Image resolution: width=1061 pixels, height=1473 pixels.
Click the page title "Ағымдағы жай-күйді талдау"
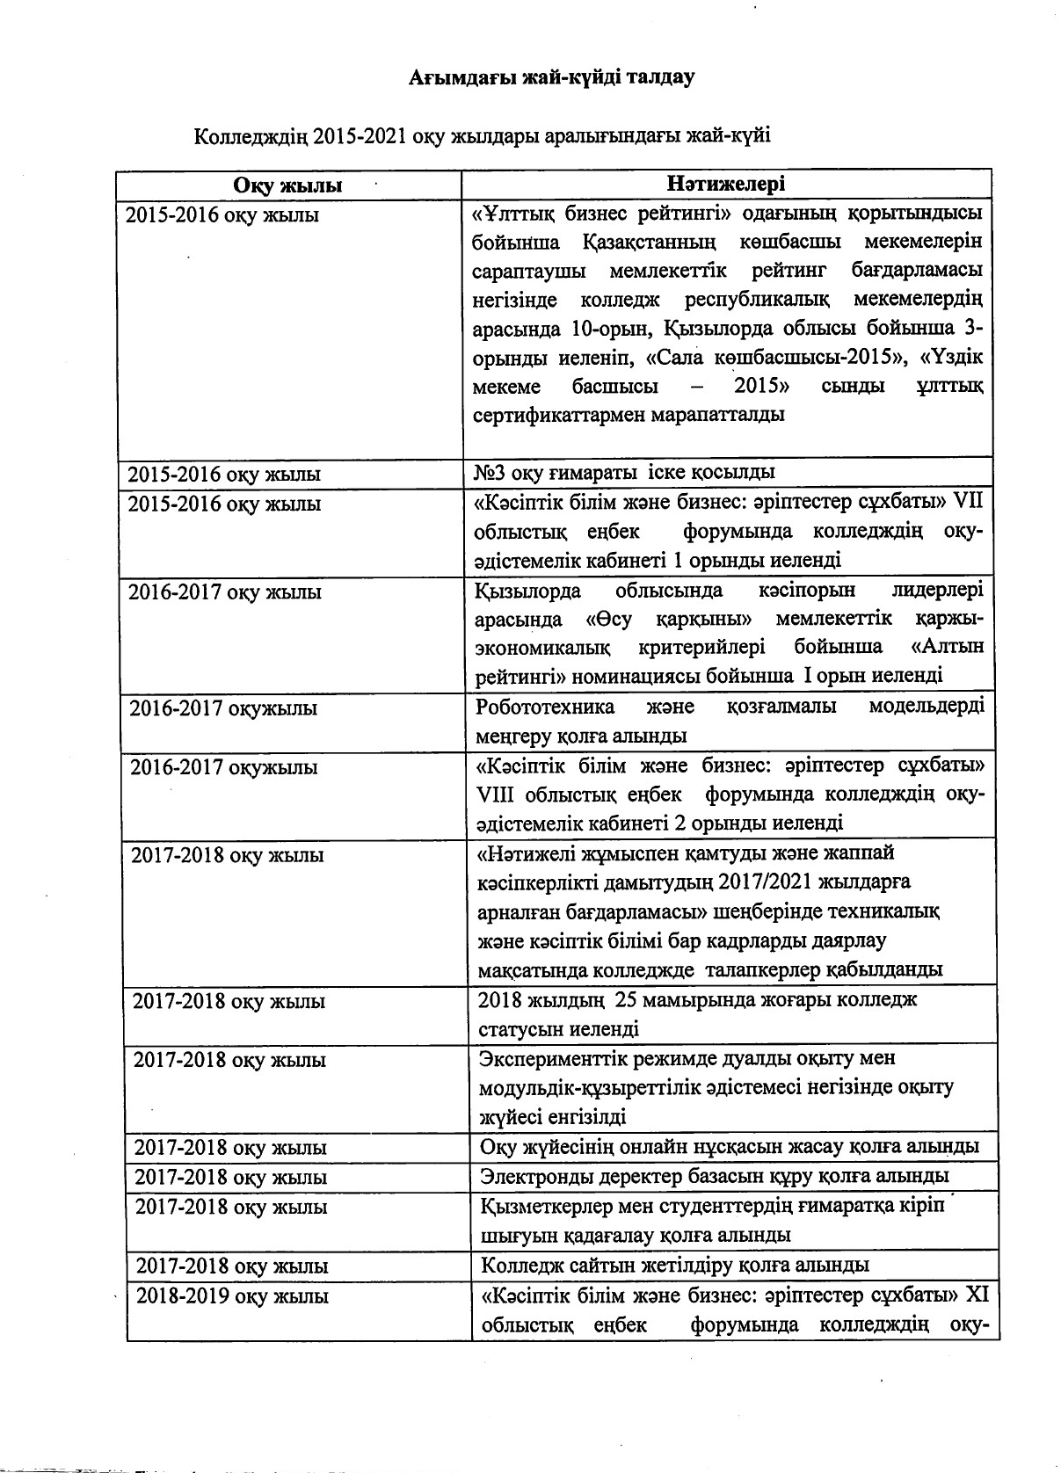coord(551,77)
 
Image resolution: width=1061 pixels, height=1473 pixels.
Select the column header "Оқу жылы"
coord(287,185)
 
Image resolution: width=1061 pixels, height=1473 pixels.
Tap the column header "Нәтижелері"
coord(726,183)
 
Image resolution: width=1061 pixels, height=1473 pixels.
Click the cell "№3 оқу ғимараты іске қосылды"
coord(624,472)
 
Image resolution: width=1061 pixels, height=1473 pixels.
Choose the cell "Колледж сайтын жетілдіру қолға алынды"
coord(675,1265)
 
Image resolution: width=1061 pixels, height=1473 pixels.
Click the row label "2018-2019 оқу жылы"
coord(233,1296)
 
